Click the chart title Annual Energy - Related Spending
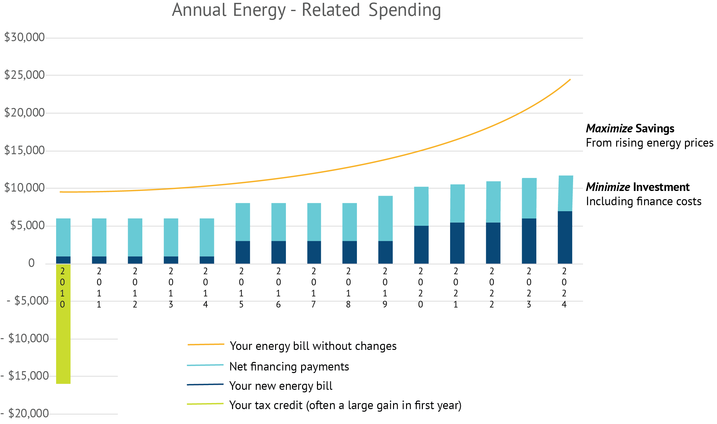click(x=306, y=10)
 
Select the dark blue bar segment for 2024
click(x=565, y=237)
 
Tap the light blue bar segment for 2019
click(x=385, y=218)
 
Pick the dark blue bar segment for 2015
click(x=243, y=252)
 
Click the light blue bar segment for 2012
click(x=135, y=237)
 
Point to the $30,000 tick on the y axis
click(x=24, y=37)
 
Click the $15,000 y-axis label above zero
click(x=24, y=150)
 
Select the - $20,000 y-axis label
click(x=25, y=413)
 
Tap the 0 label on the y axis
click(x=31, y=263)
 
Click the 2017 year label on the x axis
click(x=313, y=288)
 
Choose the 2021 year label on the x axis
click(x=456, y=288)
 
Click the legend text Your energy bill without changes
click(x=313, y=346)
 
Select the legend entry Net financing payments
click(x=289, y=367)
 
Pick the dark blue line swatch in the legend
click(x=205, y=385)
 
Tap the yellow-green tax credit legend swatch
click(x=205, y=404)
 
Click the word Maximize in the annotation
click(x=609, y=129)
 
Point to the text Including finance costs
click(x=643, y=201)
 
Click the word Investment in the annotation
click(x=661, y=187)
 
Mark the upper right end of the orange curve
click(x=570, y=80)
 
